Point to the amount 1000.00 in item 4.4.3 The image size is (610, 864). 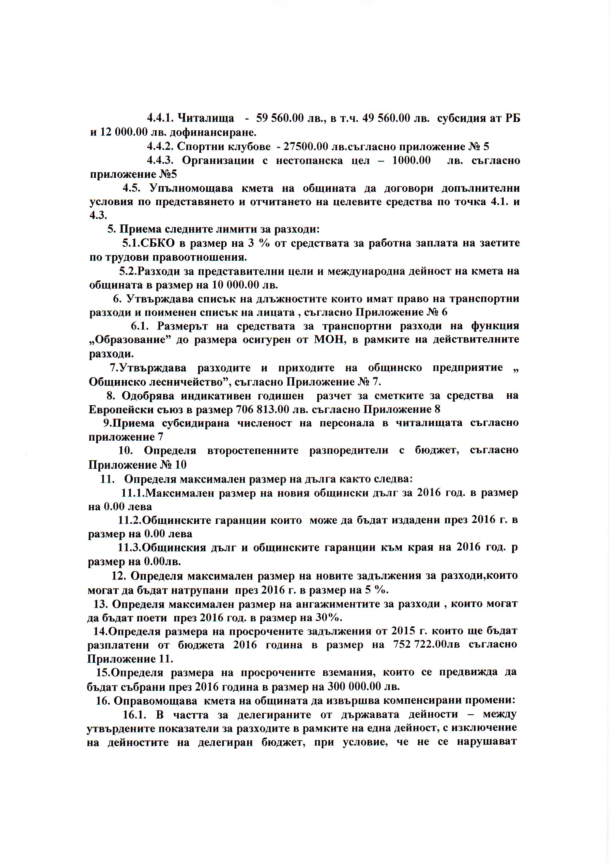pos(411,161)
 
